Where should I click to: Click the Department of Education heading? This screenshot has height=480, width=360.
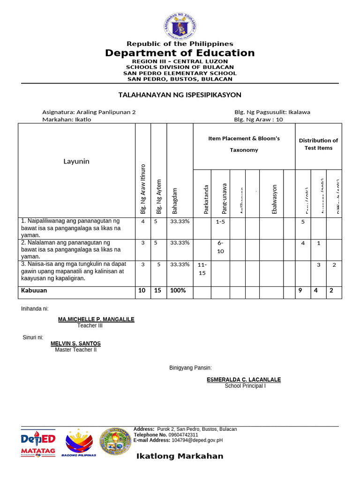coord(180,53)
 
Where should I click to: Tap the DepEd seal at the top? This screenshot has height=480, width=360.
coord(180,26)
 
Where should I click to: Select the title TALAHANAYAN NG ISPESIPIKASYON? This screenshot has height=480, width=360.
coord(180,95)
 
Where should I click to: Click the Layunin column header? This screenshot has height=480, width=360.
coord(76,161)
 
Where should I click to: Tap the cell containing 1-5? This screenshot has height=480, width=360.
coord(220,222)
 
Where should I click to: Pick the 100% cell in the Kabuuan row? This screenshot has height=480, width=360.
coord(178,291)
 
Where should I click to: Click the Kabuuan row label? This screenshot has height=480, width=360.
coord(34,291)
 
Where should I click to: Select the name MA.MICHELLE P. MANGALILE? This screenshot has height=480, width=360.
coord(96,319)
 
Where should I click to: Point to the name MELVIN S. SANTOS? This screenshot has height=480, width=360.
coord(75,344)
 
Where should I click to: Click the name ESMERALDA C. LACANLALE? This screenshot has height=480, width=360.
coord(244,380)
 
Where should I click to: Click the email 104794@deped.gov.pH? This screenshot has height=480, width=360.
coord(197,441)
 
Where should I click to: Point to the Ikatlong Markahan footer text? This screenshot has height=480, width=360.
coord(180,456)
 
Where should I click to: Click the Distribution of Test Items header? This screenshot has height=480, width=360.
coord(318,144)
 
